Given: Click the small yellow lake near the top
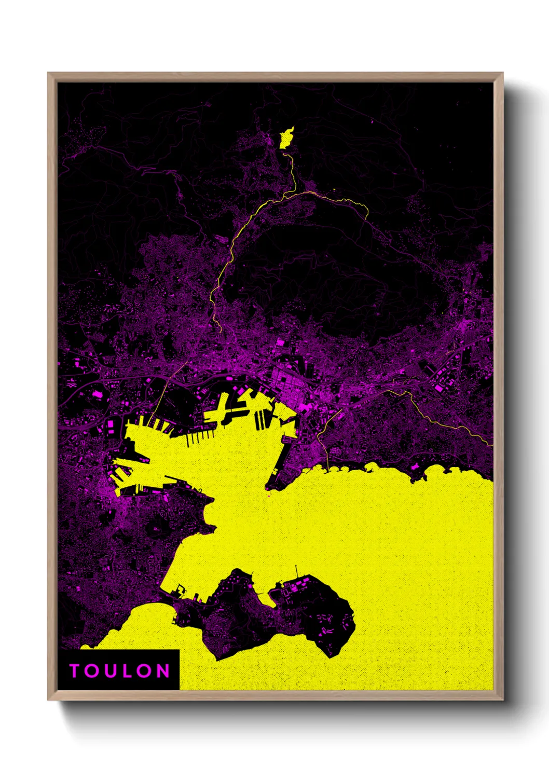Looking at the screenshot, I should (x=286, y=138).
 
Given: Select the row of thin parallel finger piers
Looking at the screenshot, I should (x=200, y=439).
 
